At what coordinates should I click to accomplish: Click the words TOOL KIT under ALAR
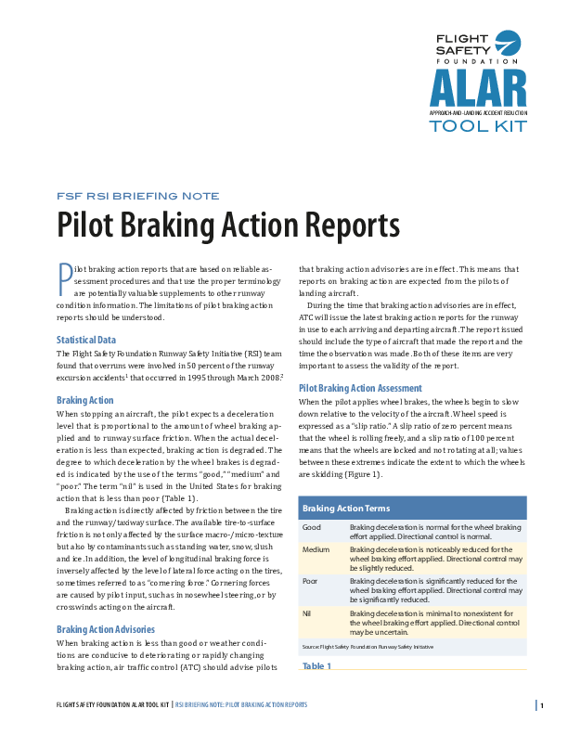(477, 125)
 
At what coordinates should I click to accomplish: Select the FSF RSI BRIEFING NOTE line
(138, 196)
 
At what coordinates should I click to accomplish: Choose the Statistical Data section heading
(86, 340)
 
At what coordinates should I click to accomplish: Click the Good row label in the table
(312, 527)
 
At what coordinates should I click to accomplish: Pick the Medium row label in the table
(316, 548)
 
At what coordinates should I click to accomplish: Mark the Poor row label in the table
(311, 581)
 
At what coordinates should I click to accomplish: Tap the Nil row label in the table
(307, 613)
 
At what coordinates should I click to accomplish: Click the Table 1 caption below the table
(317, 666)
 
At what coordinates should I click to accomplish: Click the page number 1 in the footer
(541, 705)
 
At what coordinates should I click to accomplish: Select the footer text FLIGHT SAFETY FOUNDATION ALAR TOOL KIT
(113, 705)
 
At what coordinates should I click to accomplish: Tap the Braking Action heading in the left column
(86, 400)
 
